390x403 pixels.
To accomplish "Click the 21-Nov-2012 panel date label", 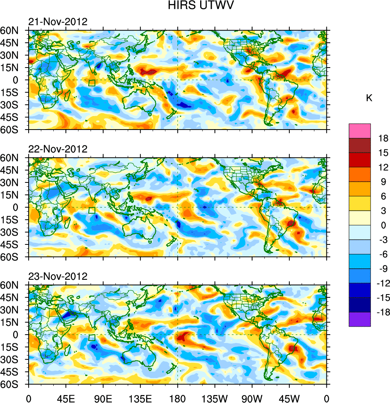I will click(x=58, y=22).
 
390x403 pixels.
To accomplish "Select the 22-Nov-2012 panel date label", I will click(x=58, y=149).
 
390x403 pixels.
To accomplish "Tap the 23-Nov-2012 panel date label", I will click(x=58, y=277).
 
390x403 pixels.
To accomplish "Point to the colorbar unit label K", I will click(x=369, y=98).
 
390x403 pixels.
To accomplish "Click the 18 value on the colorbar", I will click(x=383, y=138).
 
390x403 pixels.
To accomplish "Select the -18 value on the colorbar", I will click(x=382, y=312).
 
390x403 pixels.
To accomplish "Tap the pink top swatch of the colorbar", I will click(x=359, y=131).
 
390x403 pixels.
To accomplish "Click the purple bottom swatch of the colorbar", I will click(x=359, y=319).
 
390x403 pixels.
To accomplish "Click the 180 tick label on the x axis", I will click(x=177, y=397).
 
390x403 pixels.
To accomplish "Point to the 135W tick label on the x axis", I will click(x=214, y=397).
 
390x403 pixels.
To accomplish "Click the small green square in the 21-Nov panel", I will click(x=92, y=83).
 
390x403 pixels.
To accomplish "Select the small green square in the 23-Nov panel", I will click(x=92, y=338).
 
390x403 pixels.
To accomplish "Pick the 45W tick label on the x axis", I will click(x=289, y=397).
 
